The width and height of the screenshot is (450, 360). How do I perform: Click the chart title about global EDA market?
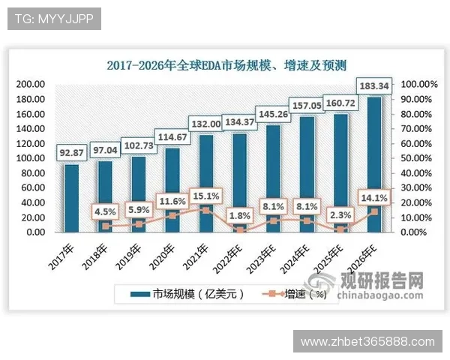tap(225, 65)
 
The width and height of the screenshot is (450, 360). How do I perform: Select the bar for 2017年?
tap(71, 198)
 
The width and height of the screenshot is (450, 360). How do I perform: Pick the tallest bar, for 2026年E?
tap(373, 165)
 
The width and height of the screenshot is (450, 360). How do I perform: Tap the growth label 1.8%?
tap(240, 215)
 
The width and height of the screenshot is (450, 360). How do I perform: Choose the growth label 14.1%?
tap(373, 198)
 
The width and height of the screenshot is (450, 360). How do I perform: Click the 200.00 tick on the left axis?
tap(31, 85)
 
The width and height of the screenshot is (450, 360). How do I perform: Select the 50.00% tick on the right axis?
tap(415, 158)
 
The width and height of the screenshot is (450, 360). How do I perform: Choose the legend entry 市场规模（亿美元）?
tap(187, 294)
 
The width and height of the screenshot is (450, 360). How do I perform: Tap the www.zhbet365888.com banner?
tap(367, 341)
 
